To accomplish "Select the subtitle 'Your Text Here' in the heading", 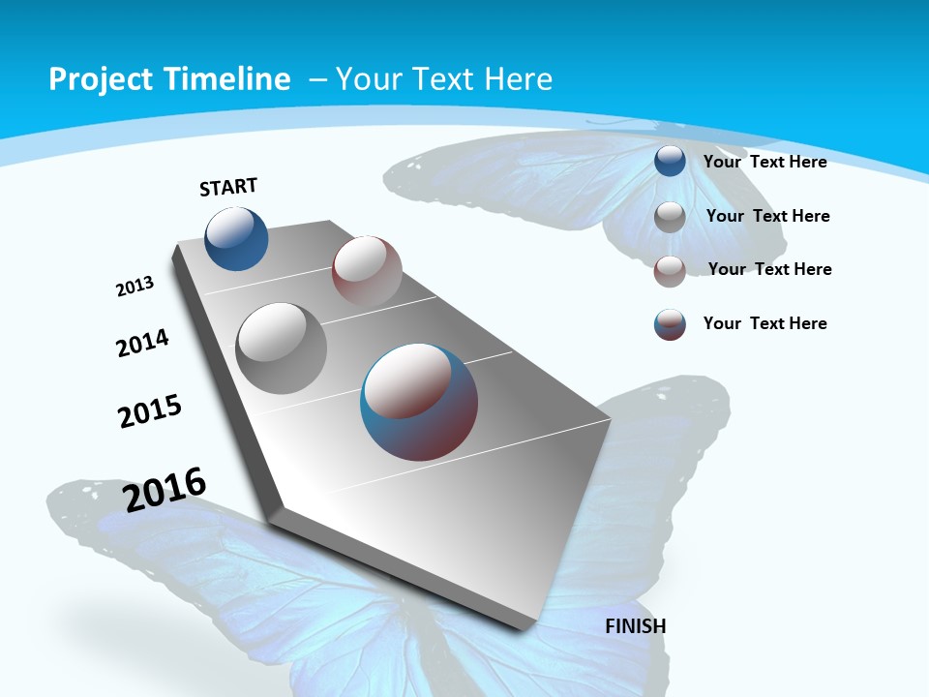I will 443,79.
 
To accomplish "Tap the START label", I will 228,187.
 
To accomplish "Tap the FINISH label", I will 636,626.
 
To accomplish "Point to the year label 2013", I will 135,287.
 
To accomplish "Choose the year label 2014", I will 142,343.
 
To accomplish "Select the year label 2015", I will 150,411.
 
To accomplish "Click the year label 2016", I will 165,489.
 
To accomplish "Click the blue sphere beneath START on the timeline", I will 236,238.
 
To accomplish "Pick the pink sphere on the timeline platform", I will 367,271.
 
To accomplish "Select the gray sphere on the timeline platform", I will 282,348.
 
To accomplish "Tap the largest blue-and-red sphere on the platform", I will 419,402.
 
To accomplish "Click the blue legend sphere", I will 670,162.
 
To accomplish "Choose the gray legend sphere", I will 670,217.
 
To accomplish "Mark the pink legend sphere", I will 670,271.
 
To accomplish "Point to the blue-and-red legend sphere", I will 670,324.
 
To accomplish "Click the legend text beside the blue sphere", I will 764,162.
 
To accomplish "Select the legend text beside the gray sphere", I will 767,216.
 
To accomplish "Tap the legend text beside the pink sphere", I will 769,269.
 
